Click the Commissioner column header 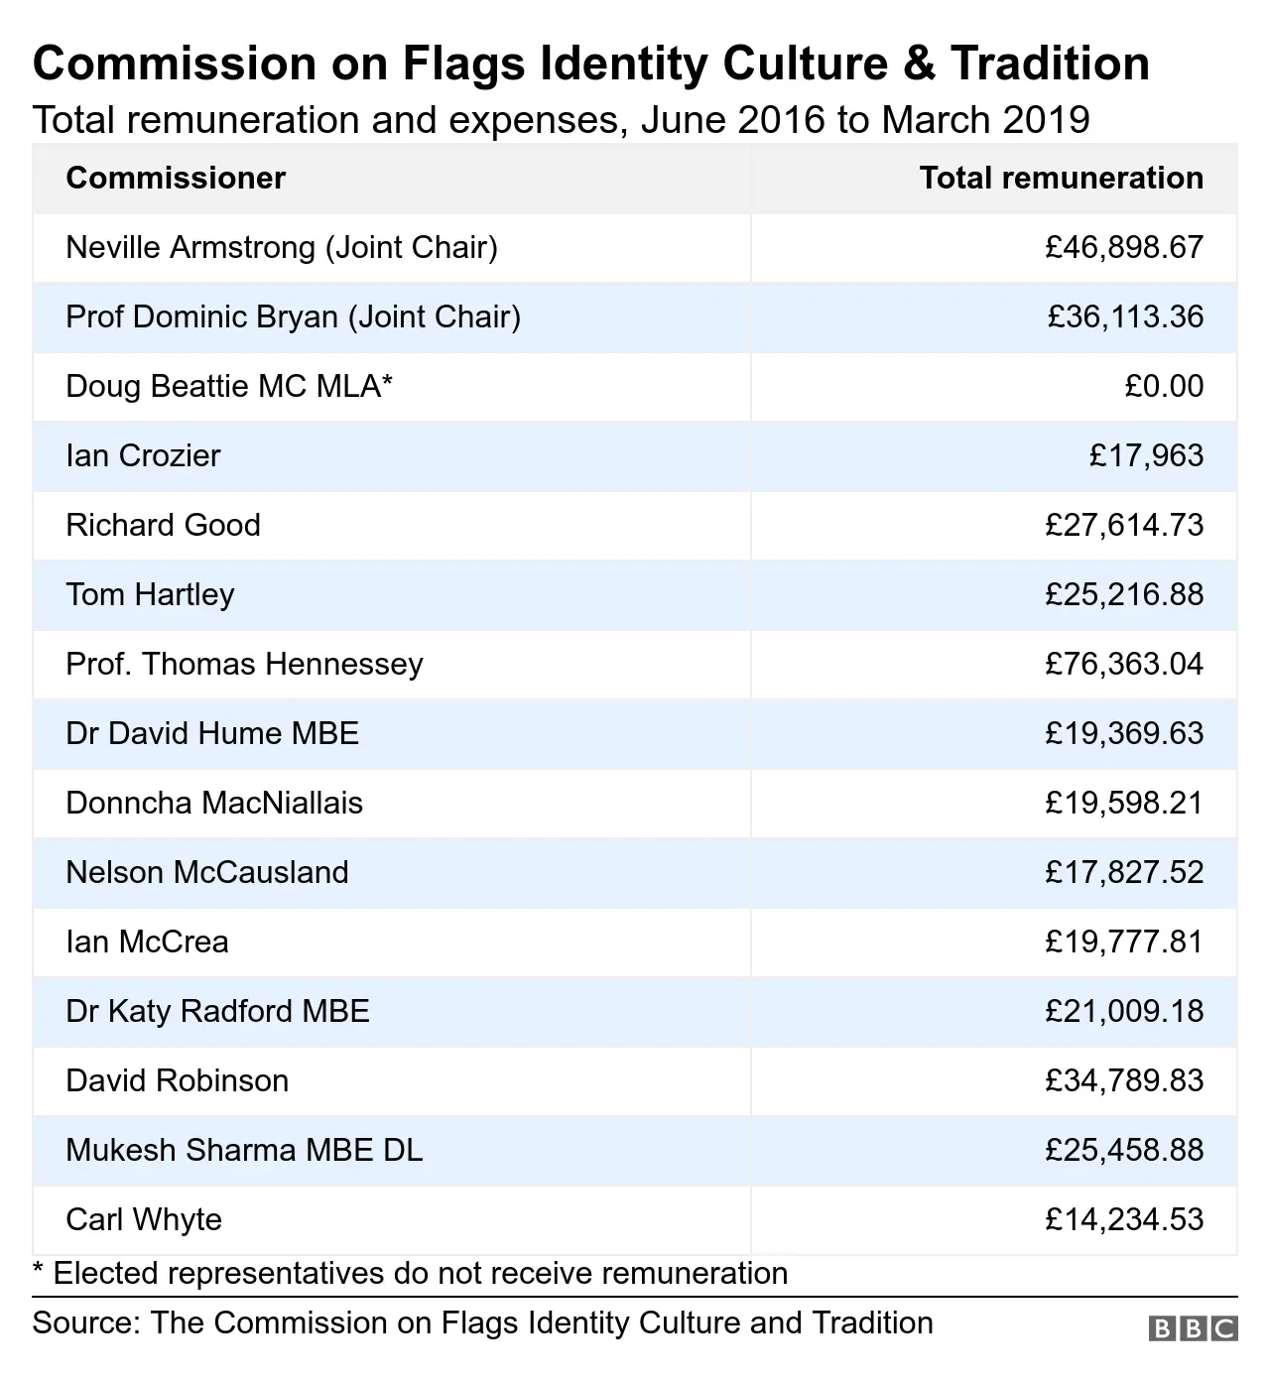[176, 179]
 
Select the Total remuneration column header [1061, 179]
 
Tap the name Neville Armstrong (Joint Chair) [282, 247]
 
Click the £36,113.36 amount [1125, 316]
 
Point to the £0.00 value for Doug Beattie [1164, 386]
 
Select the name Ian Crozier [143, 455]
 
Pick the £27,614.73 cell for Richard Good [1124, 525]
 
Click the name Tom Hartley [150, 594]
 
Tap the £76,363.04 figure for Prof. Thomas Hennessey [1124, 664]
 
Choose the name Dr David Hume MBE [212, 733]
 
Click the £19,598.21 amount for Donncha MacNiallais [1124, 803]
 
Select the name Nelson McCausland [207, 872]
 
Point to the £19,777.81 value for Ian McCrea [1124, 942]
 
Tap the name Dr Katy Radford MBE [217, 1011]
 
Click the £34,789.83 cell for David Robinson [1124, 1080]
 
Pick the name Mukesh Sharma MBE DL [244, 1150]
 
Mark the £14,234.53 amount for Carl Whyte [1124, 1219]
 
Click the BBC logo [1193, 1328]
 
